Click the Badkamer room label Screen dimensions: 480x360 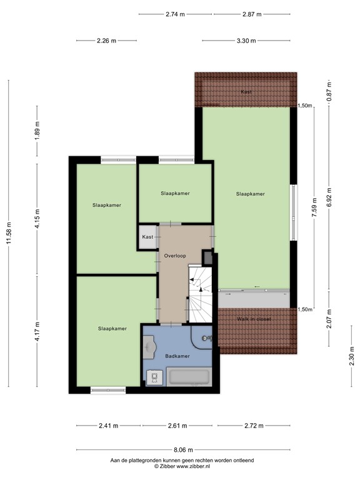coord(177,356)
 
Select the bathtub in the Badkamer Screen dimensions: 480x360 coord(190,377)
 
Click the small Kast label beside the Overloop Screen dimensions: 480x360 coord(147,237)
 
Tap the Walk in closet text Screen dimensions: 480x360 coord(254,318)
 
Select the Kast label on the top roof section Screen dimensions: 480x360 coord(246,92)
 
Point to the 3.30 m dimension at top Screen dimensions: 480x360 coord(246,41)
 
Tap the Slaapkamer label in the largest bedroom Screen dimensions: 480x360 coord(250,194)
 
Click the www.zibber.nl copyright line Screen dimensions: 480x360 coord(182,466)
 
